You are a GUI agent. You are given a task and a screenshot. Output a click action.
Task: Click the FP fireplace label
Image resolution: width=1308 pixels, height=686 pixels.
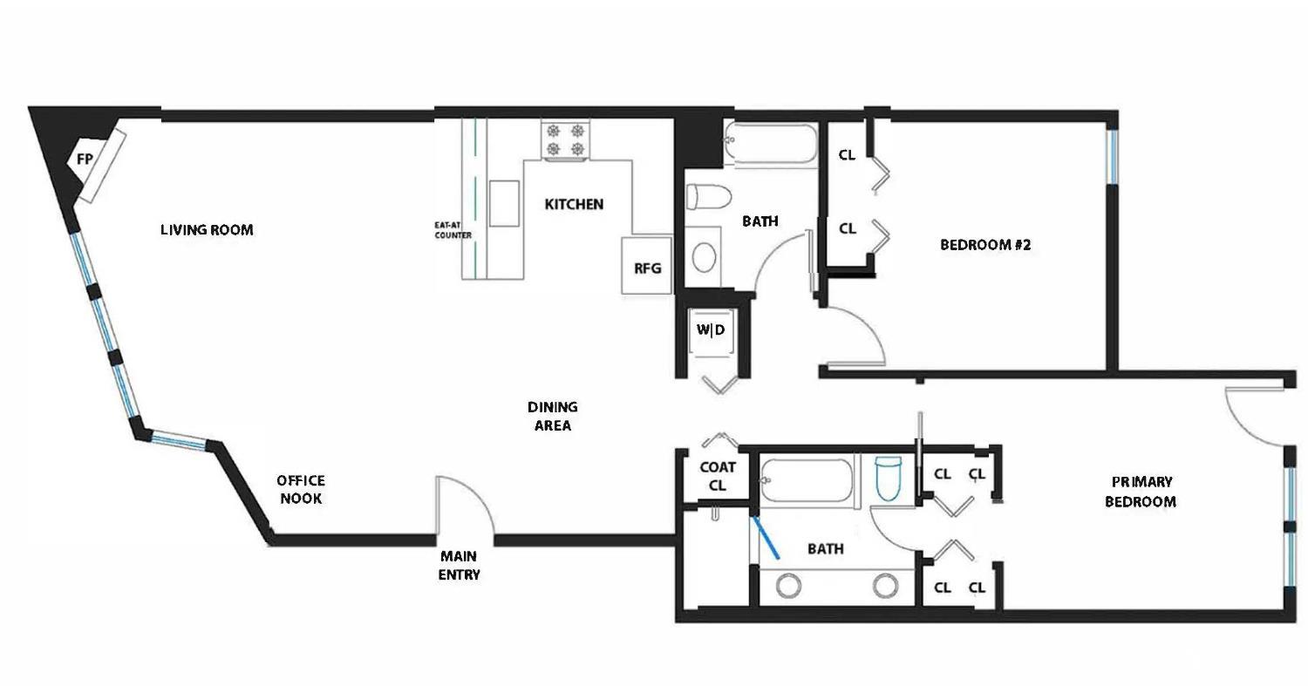(85, 160)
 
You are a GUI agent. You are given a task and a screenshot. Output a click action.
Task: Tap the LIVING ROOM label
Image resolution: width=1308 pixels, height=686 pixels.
(207, 230)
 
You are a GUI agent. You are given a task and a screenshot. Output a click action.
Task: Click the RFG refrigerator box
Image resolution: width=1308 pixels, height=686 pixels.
(647, 268)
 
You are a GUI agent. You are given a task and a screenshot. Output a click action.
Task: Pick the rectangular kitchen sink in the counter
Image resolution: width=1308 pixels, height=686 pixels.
(504, 203)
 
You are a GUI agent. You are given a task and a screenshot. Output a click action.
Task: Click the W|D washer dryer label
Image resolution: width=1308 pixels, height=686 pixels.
(710, 329)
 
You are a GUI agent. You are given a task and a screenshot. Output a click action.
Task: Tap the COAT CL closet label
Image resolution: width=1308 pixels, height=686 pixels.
(718, 477)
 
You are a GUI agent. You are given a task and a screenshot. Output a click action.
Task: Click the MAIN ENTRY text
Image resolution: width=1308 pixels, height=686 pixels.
(459, 565)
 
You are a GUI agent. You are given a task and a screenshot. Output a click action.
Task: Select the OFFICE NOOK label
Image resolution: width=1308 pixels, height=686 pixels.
(301, 489)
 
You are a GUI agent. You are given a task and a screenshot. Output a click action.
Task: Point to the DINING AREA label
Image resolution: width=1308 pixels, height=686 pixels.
(553, 416)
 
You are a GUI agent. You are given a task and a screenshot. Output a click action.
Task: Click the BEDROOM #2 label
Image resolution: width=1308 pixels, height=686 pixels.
(985, 245)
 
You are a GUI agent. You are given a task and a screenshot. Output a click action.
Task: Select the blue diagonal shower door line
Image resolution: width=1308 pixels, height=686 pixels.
(766, 538)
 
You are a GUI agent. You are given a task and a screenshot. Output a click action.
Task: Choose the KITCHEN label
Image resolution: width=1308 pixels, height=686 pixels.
(574, 205)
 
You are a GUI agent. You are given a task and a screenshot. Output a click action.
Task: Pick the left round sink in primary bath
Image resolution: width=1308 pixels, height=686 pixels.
(788, 586)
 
